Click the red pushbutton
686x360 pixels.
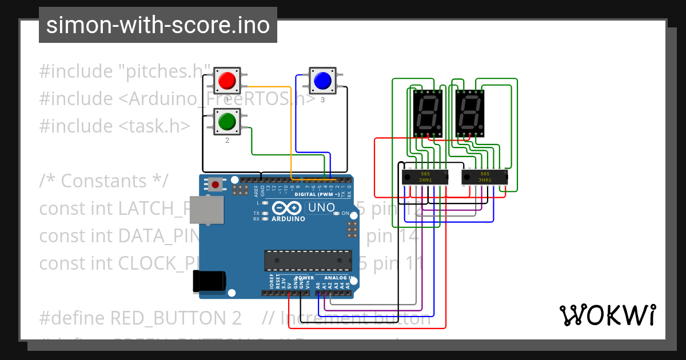point(228,80)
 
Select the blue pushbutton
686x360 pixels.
point(322,81)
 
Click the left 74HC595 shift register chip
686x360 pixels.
point(425,177)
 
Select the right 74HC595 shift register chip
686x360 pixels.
point(484,177)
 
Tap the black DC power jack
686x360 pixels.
point(209,281)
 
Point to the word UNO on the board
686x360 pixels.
point(321,208)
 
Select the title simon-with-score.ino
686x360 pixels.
point(158,25)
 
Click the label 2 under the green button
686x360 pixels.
point(227,140)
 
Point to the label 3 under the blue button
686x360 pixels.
point(322,99)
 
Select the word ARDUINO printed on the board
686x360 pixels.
point(288,219)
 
